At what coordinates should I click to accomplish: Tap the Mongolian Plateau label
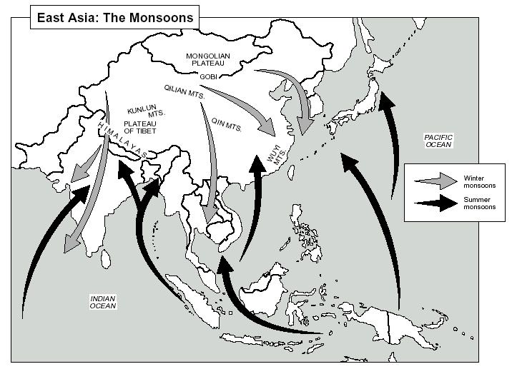pos(206,59)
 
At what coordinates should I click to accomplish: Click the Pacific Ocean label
pos(439,140)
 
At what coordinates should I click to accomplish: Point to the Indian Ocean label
pos(102,302)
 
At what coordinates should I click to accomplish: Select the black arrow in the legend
pos(438,203)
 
